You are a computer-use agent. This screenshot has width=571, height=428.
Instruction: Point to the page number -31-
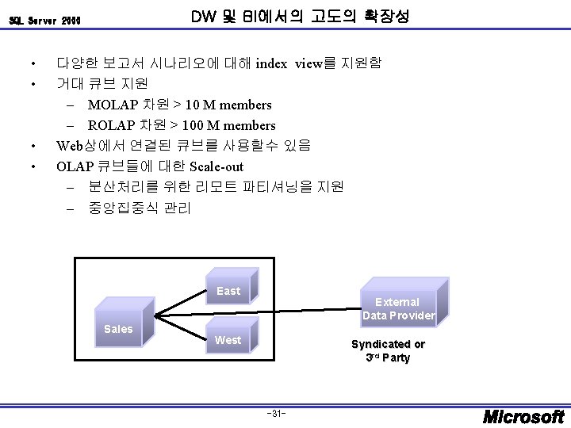pos(277,414)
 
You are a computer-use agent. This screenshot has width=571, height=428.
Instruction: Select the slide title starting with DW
pos(301,16)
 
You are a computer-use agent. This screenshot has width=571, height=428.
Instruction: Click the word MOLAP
pos(112,105)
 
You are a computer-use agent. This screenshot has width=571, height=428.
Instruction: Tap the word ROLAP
pos(111,125)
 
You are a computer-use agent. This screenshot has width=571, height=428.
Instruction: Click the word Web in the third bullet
pos(69,146)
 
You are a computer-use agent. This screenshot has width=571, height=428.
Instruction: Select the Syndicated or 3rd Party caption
pos(388,350)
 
